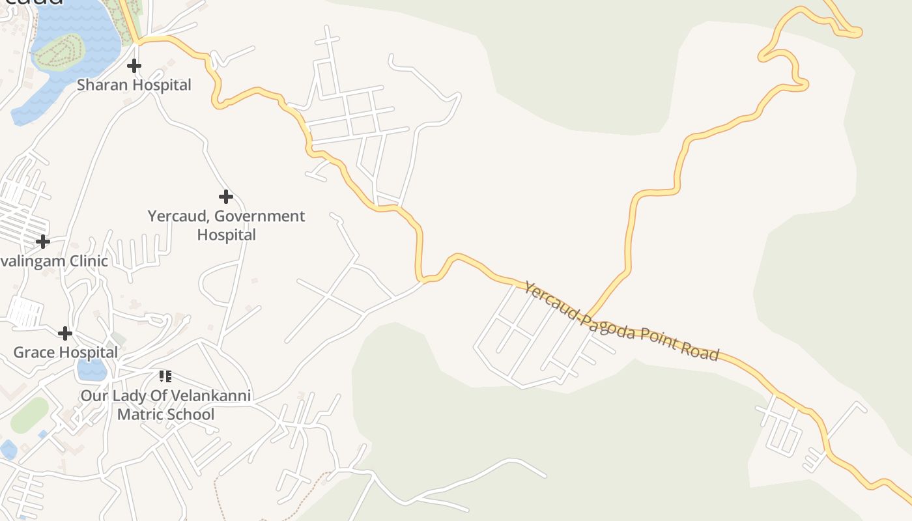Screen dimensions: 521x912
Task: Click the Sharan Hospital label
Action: (134, 85)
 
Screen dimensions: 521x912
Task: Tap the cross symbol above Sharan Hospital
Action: (134, 65)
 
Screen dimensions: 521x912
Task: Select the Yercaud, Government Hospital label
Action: (226, 225)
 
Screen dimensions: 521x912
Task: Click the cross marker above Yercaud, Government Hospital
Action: (225, 196)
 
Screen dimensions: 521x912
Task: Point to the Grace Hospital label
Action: (66, 352)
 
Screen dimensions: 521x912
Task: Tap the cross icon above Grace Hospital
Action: (64, 333)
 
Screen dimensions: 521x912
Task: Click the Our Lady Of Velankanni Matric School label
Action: (165, 404)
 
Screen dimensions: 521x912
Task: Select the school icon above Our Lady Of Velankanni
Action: (165, 376)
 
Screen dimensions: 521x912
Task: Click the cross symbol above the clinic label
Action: (43, 242)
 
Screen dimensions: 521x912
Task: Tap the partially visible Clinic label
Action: (53, 260)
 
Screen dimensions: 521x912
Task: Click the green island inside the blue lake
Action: (60, 51)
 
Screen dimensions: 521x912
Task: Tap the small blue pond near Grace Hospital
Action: (91, 370)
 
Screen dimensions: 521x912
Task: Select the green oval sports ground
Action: (29, 415)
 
